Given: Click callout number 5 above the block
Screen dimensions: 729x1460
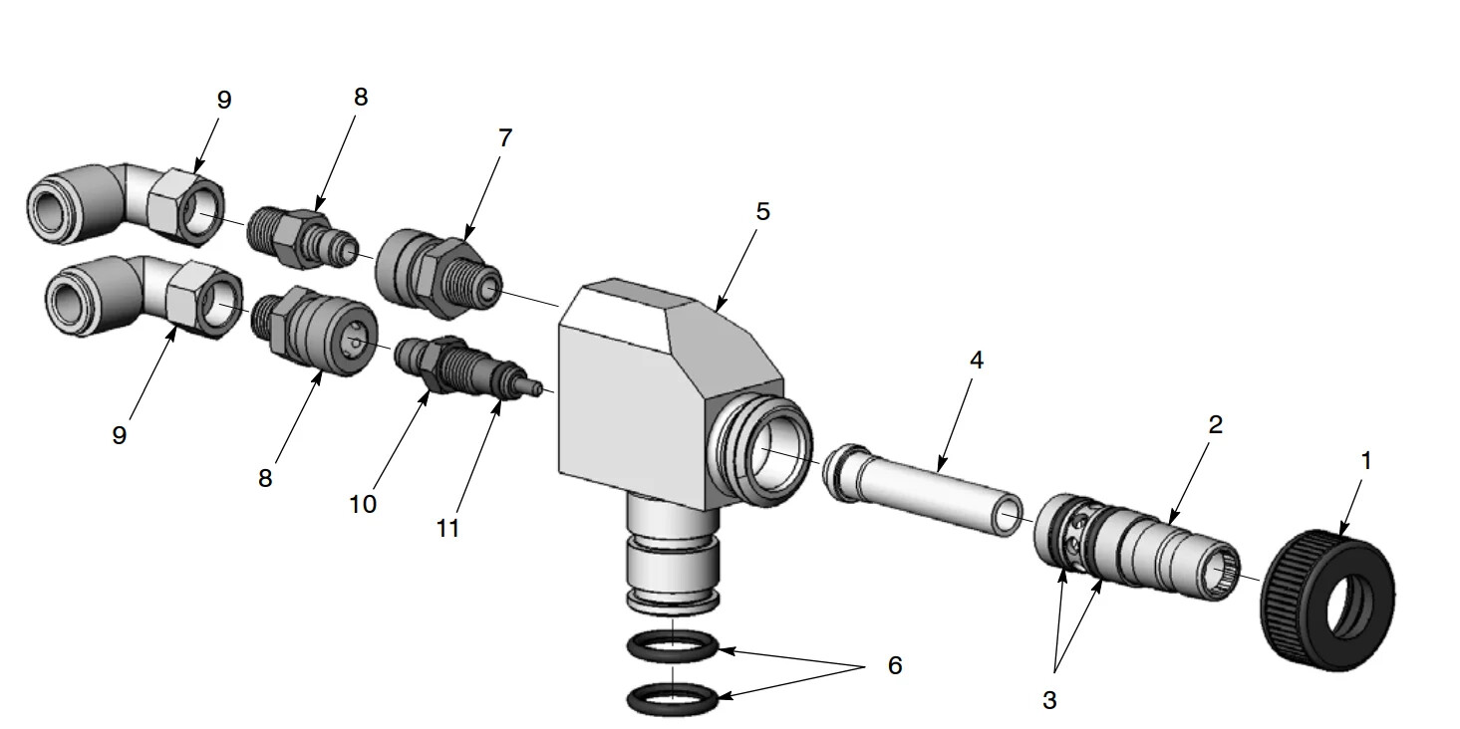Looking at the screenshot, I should click(x=762, y=211).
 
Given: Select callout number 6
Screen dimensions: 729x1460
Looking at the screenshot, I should click(x=894, y=665).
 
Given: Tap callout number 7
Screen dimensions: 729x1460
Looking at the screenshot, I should click(x=505, y=138).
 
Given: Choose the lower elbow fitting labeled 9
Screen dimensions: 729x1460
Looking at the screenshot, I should click(x=140, y=294).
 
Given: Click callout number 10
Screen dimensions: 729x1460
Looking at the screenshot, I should click(x=363, y=504).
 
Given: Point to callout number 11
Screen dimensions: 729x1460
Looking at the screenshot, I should click(x=447, y=528).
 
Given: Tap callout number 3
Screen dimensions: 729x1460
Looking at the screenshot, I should click(x=1048, y=700).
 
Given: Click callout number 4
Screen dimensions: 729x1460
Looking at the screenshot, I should click(x=977, y=360).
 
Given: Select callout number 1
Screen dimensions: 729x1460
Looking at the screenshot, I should click(x=1366, y=461).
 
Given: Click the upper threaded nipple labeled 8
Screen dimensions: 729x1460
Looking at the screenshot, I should click(x=299, y=237).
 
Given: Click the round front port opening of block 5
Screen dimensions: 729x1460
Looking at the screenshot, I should click(x=771, y=449).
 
